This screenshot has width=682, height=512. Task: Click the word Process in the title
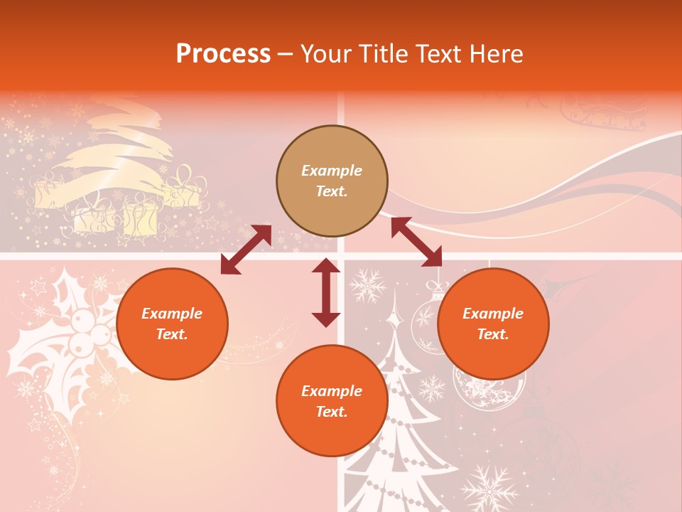pos(223,54)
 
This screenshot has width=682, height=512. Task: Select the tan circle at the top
pos(332,181)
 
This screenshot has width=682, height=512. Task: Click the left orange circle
pos(172,324)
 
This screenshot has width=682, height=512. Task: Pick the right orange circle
pos(493,324)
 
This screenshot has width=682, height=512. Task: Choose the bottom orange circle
pos(332,401)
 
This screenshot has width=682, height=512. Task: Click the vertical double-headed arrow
pos(326,292)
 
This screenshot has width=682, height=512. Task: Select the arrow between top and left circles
pos(246,250)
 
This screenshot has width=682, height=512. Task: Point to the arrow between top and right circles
pos(416,242)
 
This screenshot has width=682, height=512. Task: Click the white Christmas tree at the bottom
pos(398,427)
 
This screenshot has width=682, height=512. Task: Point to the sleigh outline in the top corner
pos(604,114)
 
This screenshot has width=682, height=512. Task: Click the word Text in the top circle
pos(332,191)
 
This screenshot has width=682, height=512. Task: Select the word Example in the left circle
pos(172,314)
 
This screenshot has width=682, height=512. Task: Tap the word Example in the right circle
pos(493,314)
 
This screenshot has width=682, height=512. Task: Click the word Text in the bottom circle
pos(332,412)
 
